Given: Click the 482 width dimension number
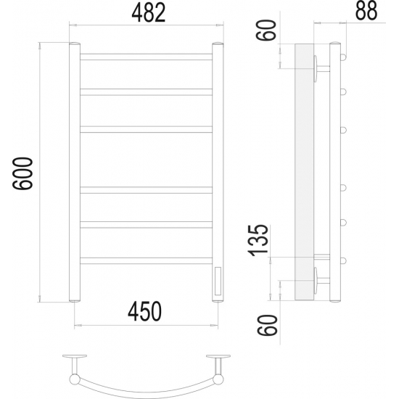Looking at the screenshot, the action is [x=149, y=12].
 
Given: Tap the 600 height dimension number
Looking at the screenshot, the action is [x=22, y=173].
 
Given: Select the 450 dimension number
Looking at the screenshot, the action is [x=144, y=311].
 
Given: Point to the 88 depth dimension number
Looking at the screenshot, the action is [x=366, y=11].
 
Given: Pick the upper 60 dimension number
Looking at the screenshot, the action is [x=266, y=30].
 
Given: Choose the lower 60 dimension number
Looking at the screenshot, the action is [x=267, y=325].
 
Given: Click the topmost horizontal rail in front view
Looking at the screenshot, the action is [x=146, y=57].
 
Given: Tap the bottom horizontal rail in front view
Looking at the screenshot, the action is [x=146, y=260].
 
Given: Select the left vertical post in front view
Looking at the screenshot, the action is [x=75, y=172].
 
